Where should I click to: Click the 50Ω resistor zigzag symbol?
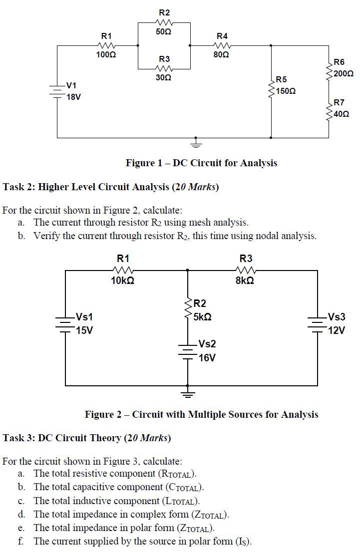click(164, 22)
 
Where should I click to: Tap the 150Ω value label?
click(286, 91)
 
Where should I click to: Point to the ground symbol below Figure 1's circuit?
click(196, 143)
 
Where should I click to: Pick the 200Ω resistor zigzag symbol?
click(329, 69)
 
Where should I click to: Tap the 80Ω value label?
click(222, 54)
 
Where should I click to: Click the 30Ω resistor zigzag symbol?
click(164, 69)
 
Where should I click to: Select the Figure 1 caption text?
click(201, 163)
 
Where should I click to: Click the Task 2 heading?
click(111, 187)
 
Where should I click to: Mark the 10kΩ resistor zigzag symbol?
click(123, 271)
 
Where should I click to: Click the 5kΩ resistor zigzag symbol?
click(188, 309)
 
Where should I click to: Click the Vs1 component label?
click(84, 317)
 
